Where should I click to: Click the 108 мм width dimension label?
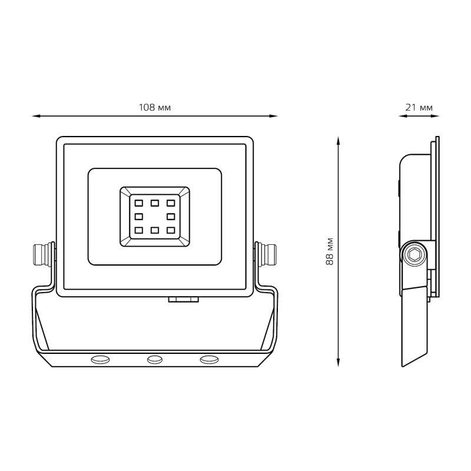155,107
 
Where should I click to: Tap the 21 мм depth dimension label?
419,107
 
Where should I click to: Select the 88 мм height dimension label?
330,251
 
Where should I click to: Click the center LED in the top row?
155,203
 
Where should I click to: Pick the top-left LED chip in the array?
139,203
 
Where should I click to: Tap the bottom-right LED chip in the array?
171,230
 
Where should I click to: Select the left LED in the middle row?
139,217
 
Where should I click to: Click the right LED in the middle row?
171,217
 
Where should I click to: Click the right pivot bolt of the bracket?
266,255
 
